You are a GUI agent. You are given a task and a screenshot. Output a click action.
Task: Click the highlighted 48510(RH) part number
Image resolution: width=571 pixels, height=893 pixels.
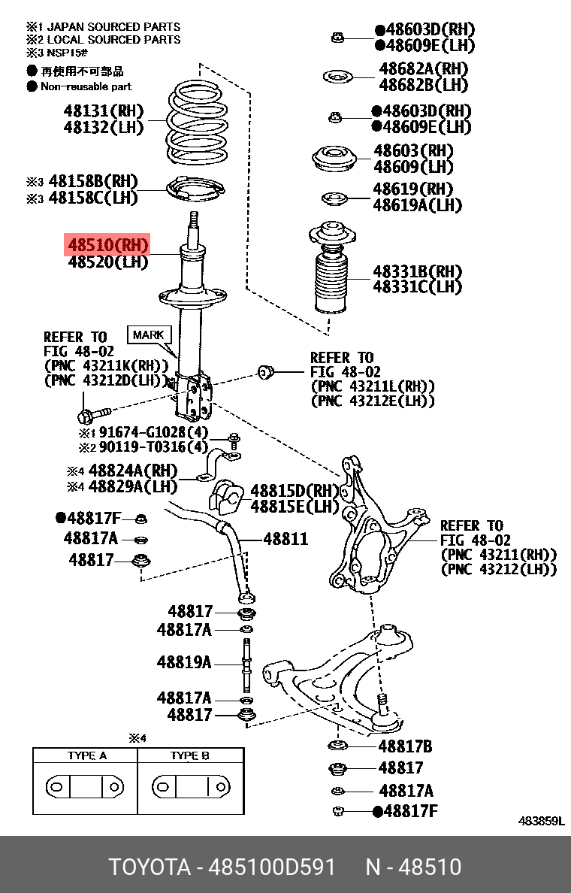[x=107, y=245]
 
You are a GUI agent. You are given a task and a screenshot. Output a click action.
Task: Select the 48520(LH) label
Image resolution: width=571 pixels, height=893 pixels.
[x=107, y=262]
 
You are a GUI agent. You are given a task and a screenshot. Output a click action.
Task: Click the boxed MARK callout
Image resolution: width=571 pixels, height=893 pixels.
[x=149, y=335]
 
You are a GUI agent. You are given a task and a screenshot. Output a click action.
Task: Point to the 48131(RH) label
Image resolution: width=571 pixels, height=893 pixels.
[x=103, y=110]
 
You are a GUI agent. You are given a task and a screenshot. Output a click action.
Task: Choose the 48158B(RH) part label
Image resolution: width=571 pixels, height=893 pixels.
[x=93, y=181]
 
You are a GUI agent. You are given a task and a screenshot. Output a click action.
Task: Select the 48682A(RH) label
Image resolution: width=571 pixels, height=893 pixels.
[x=424, y=69]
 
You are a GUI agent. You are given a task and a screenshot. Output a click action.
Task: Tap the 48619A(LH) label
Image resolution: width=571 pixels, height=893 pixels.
[x=417, y=205]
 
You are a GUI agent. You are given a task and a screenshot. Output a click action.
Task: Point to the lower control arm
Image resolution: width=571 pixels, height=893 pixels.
[x=338, y=677]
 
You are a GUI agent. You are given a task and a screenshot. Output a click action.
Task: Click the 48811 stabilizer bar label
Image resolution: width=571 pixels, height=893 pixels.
[x=285, y=539]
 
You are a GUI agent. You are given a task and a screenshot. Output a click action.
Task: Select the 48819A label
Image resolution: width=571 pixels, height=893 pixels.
[x=184, y=662]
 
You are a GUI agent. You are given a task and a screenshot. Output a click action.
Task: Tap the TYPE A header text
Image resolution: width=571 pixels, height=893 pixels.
[x=86, y=755]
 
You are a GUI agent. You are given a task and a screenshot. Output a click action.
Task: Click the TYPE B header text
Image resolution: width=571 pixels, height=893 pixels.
[x=189, y=755]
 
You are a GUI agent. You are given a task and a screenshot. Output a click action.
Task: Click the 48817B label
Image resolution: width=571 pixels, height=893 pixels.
[x=405, y=746]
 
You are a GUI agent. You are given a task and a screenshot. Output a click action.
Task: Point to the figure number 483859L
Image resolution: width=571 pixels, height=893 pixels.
[x=540, y=822]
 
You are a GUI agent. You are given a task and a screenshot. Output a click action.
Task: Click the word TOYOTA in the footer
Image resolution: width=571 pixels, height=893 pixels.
[x=150, y=867]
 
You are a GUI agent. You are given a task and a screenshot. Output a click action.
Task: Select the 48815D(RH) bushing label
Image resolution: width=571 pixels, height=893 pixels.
[x=295, y=490]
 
